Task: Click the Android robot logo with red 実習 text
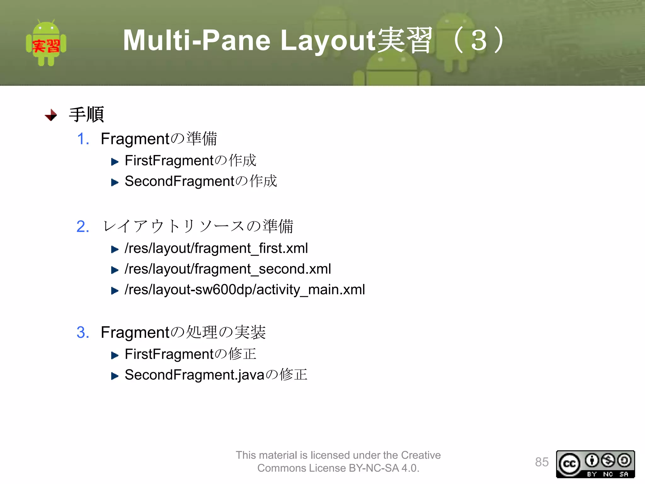46,43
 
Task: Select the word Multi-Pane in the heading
197,40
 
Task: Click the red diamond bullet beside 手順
51,115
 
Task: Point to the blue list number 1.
83,139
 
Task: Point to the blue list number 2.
83,227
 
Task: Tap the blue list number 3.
83,332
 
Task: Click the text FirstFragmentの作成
190,161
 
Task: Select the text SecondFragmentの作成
201,181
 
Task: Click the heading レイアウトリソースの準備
198,227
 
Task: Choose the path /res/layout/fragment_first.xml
216,248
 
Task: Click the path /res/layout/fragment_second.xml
228,269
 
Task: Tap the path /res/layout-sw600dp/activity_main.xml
245,290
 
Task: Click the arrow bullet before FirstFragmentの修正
115,356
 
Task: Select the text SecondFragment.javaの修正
216,375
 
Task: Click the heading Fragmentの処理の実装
183,332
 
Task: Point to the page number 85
542,462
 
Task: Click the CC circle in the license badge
569,464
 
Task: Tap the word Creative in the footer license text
421,455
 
